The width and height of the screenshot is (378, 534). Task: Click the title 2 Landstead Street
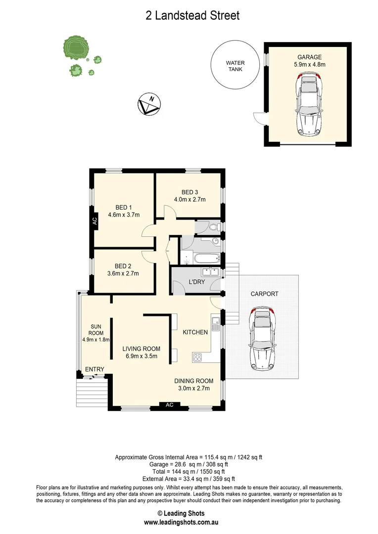(192, 16)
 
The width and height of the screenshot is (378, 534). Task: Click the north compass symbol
(147, 104)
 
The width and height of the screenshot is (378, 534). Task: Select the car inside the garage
(309, 104)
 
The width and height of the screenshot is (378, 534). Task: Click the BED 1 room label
(124, 207)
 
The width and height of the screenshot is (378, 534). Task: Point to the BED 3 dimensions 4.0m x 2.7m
(189, 200)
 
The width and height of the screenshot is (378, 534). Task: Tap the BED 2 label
(123, 266)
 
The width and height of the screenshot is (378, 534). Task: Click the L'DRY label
(197, 282)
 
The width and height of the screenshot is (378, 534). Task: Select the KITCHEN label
(195, 332)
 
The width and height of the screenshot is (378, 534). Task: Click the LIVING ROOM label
(142, 349)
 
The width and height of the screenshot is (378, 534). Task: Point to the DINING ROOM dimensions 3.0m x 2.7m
(193, 388)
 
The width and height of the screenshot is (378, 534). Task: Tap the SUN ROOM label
(95, 330)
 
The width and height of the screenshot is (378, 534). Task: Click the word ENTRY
(94, 369)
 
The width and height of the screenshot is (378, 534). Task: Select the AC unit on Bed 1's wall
(94, 222)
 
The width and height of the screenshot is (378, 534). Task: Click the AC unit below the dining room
(169, 405)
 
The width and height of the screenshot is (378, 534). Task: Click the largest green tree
(76, 48)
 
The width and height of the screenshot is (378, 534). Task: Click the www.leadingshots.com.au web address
(188, 522)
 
